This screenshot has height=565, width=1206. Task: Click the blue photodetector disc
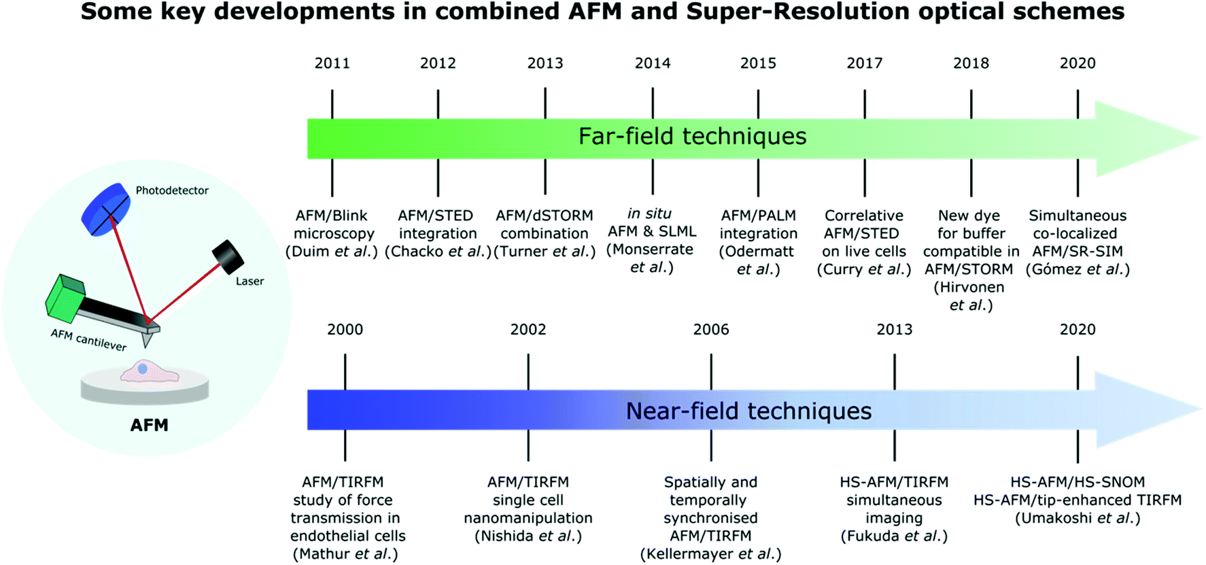pos(106,209)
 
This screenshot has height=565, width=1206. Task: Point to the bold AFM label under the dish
pos(149,425)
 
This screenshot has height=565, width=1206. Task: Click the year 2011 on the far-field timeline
pos(332,63)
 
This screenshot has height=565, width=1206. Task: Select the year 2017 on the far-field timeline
pos(864,63)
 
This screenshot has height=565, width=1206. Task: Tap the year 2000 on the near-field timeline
pos(345,330)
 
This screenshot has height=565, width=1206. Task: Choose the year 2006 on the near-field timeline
pos(710,330)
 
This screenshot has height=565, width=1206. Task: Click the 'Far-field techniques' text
pos(692,136)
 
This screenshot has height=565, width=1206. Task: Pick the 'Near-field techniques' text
pos(748,411)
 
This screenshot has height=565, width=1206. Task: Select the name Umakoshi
pos(1056,518)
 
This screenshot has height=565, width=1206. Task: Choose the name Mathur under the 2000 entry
pos(322,554)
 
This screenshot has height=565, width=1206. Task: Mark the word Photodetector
pos(172,190)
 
